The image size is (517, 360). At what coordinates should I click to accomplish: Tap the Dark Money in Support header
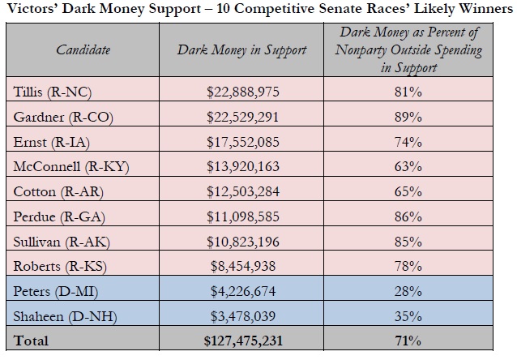tap(242, 50)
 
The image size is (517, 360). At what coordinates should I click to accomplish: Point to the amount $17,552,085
tap(242, 142)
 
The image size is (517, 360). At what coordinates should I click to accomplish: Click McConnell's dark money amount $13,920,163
tap(242, 166)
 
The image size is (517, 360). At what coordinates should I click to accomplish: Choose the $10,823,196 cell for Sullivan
tap(242, 241)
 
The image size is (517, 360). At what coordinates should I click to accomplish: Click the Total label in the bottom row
tap(31, 341)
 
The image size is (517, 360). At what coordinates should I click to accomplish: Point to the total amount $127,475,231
tap(242, 341)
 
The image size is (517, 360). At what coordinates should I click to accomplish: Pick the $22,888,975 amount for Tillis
tap(242, 92)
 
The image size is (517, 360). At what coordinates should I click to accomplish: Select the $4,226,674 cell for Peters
tap(242, 290)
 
